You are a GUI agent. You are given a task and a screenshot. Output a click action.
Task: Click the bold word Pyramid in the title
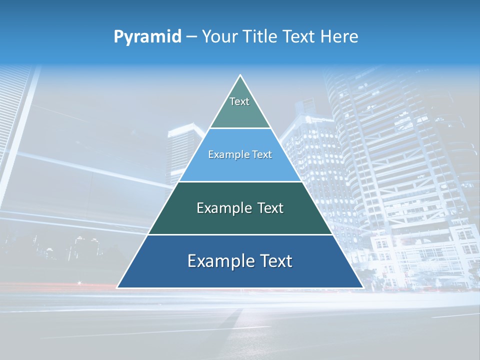tap(147, 36)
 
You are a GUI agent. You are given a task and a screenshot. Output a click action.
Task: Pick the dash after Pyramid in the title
tap(191, 37)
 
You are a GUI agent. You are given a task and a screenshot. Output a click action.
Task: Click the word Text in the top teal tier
tap(239, 101)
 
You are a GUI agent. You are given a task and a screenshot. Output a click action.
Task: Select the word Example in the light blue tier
tap(226, 155)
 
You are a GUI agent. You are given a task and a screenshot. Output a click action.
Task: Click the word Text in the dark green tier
tap(271, 208)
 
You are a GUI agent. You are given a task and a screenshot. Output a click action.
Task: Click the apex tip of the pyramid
tap(240, 75)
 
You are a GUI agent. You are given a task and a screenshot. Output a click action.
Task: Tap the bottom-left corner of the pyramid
tap(117, 287)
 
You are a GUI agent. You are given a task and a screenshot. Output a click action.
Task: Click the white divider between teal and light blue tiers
tap(240, 128)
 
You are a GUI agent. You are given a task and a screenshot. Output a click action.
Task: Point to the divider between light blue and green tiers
tap(240, 181)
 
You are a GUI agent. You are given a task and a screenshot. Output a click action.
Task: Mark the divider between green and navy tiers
tap(240, 234)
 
